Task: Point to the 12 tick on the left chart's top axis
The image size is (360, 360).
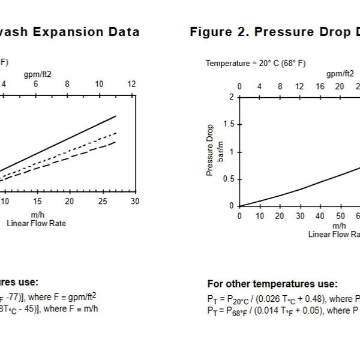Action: pos(131,85)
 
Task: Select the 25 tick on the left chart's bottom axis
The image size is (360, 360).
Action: pos(103,202)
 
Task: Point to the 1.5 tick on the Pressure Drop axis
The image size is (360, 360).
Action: pos(229,124)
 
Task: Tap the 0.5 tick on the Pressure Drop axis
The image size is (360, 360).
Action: pos(229,179)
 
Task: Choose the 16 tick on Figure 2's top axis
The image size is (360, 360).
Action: pos(320,86)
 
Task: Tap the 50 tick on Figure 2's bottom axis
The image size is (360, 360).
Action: pos(340,216)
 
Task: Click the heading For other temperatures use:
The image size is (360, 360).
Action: pos(272,284)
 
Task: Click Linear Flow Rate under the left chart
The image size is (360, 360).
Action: pos(36,223)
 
